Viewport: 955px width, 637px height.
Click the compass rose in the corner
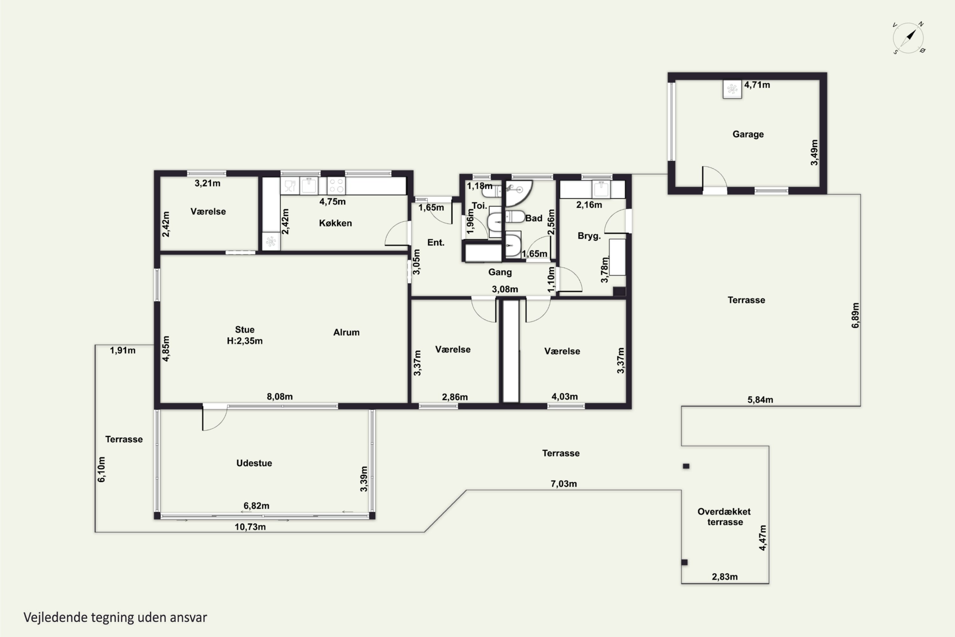point(909,38)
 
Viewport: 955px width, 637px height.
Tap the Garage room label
point(748,134)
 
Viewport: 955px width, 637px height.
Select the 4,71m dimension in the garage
point(757,85)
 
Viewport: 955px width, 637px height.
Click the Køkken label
point(336,223)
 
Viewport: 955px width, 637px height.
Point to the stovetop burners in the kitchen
point(336,186)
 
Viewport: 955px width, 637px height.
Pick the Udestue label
point(254,463)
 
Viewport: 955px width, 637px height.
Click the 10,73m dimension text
point(250,527)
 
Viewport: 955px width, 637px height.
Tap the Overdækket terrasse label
point(725,517)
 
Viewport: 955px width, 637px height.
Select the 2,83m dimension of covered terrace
point(725,576)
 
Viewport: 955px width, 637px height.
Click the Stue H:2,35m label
point(244,335)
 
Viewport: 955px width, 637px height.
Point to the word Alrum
point(346,332)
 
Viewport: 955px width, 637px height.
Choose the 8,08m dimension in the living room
point(280,397)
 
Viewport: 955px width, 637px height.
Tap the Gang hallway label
point(500,272)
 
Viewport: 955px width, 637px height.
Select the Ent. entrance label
point(436,242)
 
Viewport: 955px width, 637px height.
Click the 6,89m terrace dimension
point(856,315)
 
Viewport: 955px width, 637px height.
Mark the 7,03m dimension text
point(563,484)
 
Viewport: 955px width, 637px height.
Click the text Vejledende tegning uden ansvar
point(115,618)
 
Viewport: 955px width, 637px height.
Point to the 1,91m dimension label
point(123,350)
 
